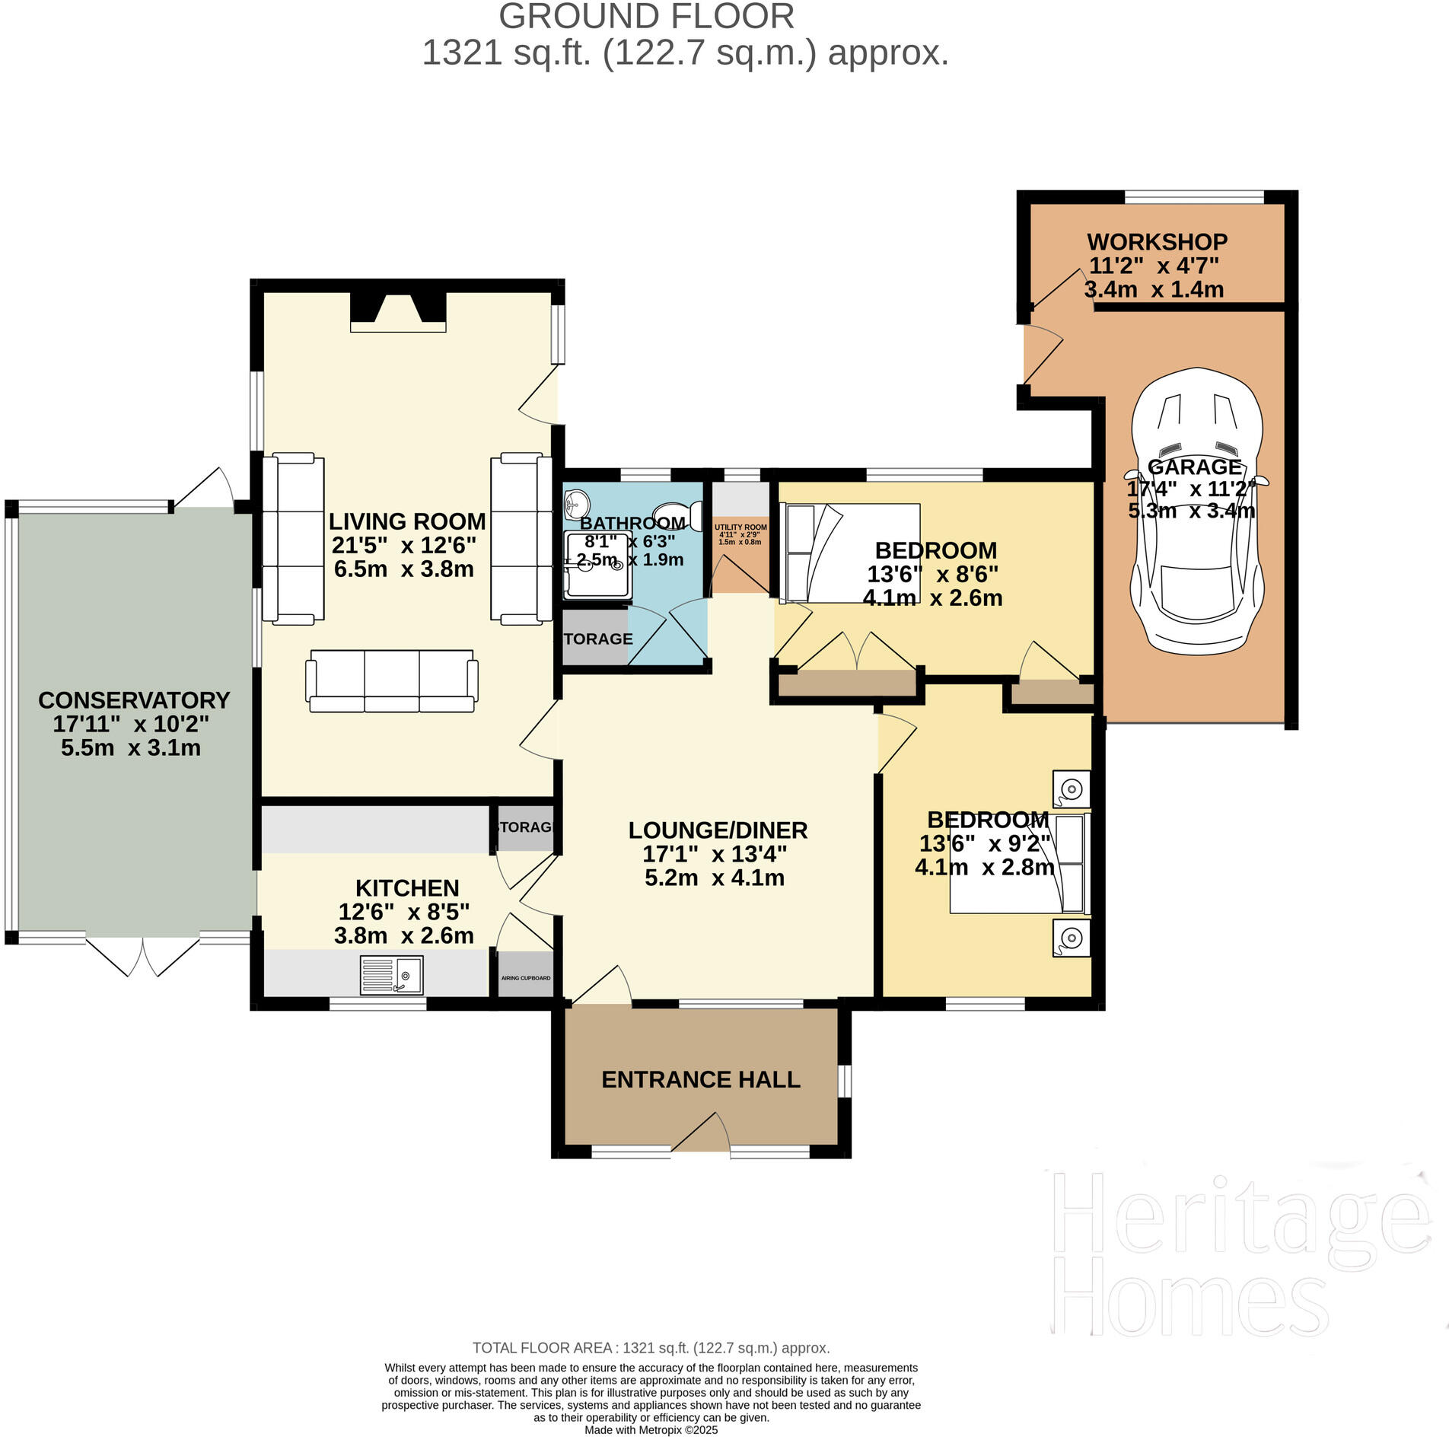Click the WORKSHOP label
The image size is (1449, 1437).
(x=1157, y=242)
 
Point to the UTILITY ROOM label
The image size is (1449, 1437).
(x=740, y=527)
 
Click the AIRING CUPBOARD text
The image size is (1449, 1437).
(x=525, y=978)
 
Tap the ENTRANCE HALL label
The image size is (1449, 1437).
(x=700, y=1079)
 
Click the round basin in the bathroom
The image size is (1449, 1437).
(x=576, y=502)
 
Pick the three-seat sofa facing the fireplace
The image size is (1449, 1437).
(x=392, y=680)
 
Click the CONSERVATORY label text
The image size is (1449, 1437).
(x=134, y=700)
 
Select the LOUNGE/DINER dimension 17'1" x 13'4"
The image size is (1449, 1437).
(x=715, y=854)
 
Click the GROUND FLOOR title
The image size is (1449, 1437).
(x=646, y=17)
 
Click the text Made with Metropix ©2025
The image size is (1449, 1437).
(x=651, y=1430)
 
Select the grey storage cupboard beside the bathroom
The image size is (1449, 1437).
(x=595, y=638)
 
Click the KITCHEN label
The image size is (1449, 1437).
(x=407, y=888)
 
